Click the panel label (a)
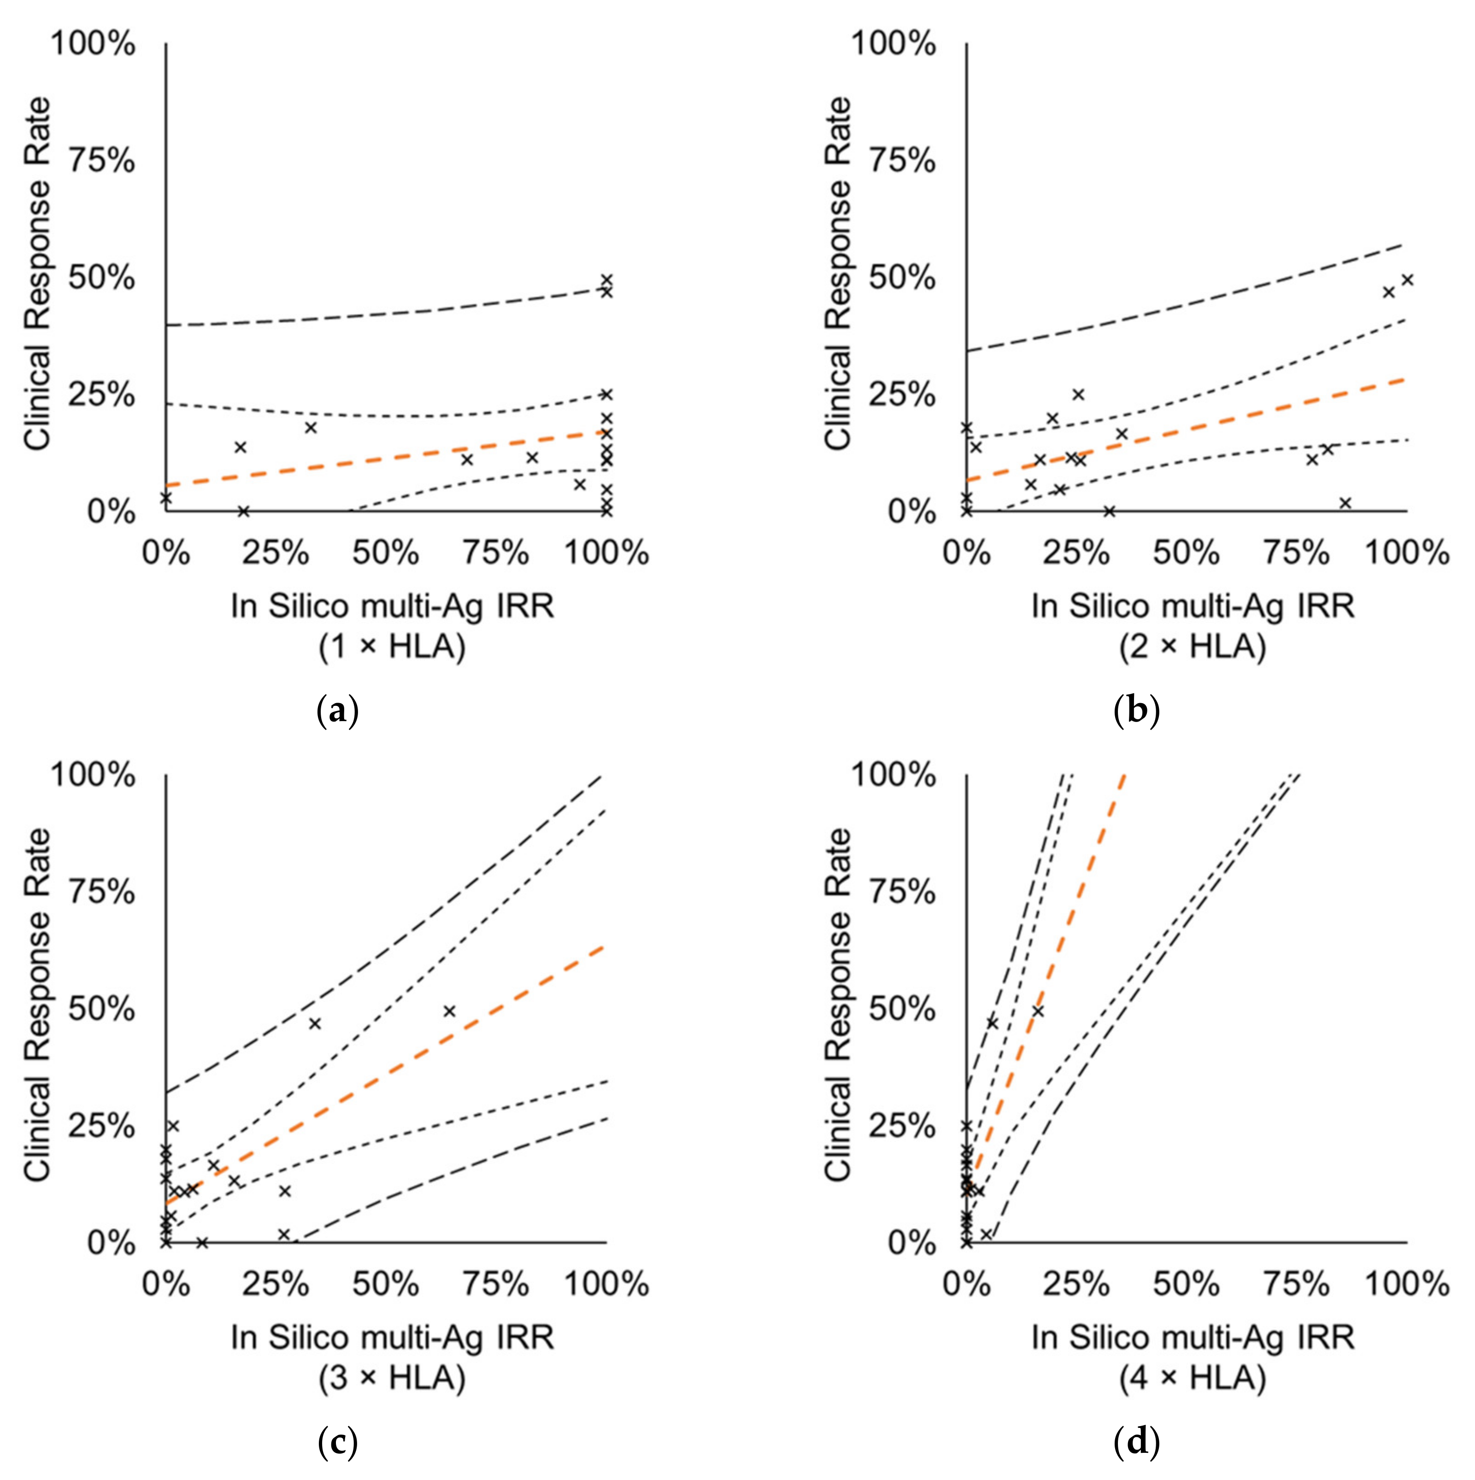[337, 711]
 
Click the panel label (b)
[1137, 711]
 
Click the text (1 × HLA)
[392, 647]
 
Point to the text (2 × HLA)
[1192, 647]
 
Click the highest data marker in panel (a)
[606, 280]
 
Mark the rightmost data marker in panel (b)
[1407, 280]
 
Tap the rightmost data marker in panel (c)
[449, 1011]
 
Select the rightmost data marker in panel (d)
[1038, 1011]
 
